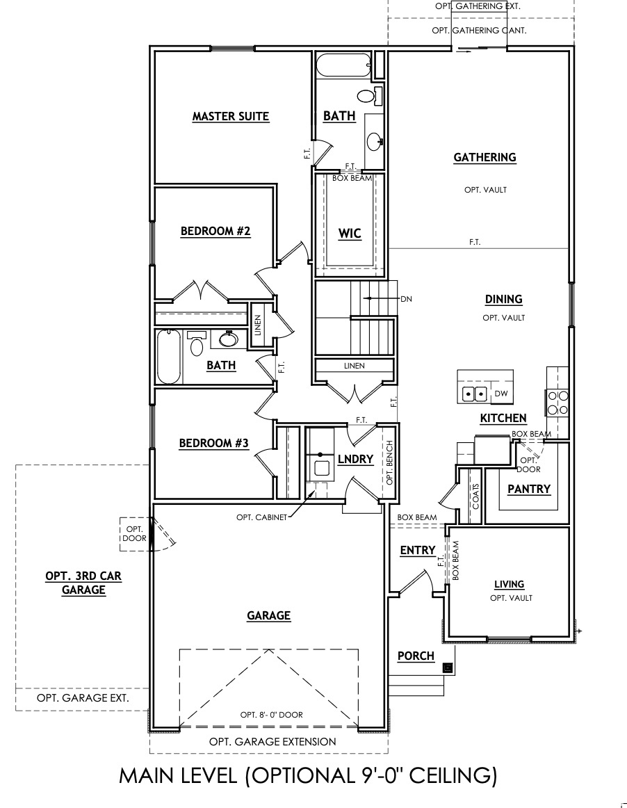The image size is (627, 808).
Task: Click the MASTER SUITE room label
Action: pos(230,116)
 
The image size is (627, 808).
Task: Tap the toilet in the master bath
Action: pos(366,95)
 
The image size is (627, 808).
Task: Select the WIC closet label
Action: pos(350,233)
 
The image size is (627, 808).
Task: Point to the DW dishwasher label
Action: pos(501,394)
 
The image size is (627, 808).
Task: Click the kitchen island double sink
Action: pos(475,394)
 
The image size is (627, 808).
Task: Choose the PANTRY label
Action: pos(528,489)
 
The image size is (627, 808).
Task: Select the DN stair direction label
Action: pos(407,298)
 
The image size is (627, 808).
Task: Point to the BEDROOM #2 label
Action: pos(215,231)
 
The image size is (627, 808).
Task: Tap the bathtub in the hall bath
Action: pos(169,357)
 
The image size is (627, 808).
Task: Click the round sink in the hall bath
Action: pos(227,339)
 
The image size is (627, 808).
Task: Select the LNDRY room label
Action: pos(355,459)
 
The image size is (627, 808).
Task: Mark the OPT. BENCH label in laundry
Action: pos(389,463)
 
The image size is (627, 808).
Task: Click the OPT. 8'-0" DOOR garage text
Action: pos(271,714)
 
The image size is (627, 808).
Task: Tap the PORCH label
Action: pos(416,656)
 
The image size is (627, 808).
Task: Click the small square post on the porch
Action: pos(448,668)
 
